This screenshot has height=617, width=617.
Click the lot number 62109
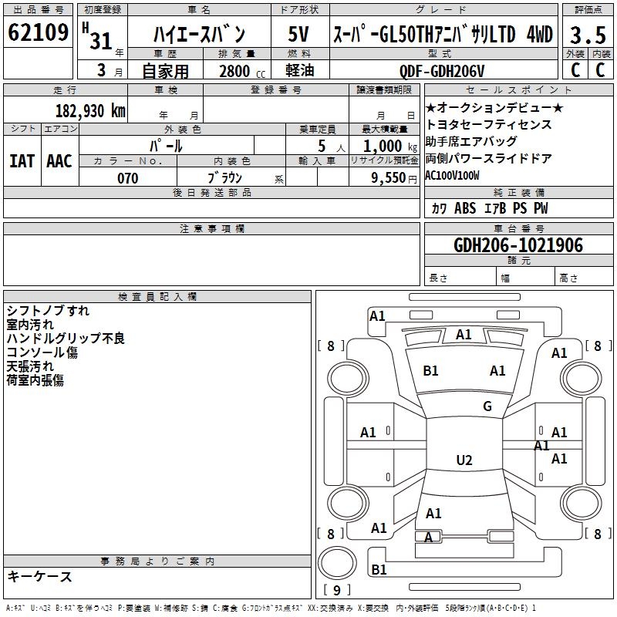[x=39, y=34]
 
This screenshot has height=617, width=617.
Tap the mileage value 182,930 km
[x=90, y=110]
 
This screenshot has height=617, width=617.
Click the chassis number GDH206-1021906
[x=518, y=245]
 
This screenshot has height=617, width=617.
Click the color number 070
[x=128, y=178]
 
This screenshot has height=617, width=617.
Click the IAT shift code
[x=22, y=161]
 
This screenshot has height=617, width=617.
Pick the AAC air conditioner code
[x=59, y=161]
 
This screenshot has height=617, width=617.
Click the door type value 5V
[x=299, y=35]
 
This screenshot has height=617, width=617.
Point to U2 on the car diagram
[x=464, y=460]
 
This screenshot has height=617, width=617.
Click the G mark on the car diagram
[x=487, y=406]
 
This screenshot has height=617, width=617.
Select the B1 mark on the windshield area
[x=430, y=371]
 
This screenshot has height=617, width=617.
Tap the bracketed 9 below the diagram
[x=336, y=591]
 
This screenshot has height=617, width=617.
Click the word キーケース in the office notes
[x=39, y=577]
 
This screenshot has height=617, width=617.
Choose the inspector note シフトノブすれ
[x=48, y=311]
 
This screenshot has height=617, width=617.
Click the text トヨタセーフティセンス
[x=488, y=124]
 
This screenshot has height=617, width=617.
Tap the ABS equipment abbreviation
[x=465, y=208]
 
